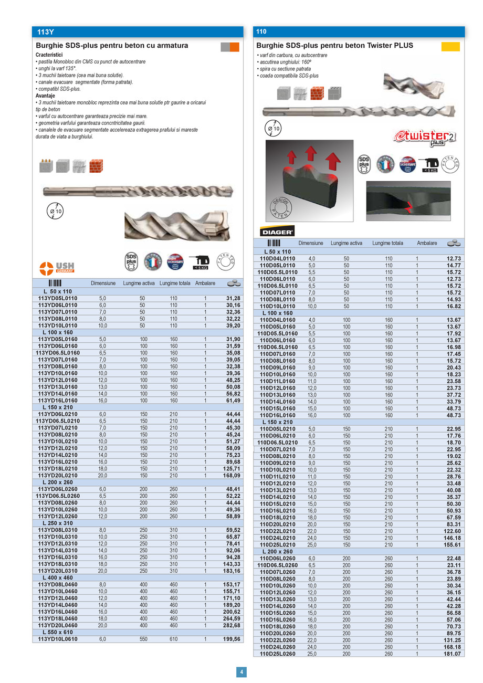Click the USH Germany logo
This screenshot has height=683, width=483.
tap(57, 267)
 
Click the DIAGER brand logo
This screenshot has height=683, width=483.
tap(277, 231)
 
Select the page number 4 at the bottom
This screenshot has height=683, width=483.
tap(241, 671)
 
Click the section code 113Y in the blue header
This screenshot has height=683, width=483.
tap(46, 31)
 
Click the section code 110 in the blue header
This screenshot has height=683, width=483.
tap(262, 31)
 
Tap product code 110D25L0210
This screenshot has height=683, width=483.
tap(278, 545)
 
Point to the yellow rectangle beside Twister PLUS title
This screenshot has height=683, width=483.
tap(450, 47)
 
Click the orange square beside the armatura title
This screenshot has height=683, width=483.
tap(234, 47)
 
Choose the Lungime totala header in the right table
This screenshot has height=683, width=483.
tap(387, 243)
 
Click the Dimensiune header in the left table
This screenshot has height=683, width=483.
tap(103, 283)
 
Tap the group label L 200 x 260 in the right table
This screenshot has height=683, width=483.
tap(278, 552)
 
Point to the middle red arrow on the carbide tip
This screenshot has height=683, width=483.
tap(310, 154)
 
